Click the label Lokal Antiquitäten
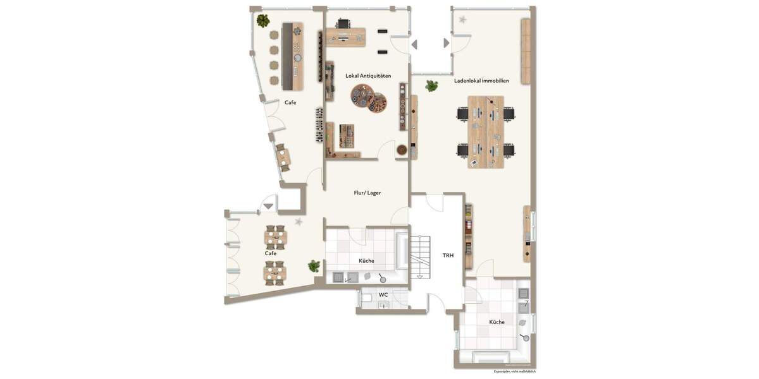[368, 76]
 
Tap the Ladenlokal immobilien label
[481, 81]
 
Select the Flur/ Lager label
[367, 193]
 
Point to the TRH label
[448, 255]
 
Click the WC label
[383, 294]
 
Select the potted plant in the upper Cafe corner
[263, 21]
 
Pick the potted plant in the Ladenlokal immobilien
[432, 85]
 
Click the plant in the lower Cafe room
[314, 266]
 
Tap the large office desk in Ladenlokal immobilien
[486, 131]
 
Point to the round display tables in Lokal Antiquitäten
[369, 98]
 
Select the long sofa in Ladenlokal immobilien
[525, 51]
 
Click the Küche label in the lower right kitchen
[497, 322]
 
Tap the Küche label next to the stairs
[366, 261]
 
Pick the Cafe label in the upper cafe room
[290, 102]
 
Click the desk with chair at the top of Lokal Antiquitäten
[345, 35]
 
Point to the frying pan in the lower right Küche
[525, 337]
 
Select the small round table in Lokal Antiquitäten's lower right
[402, 150]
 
